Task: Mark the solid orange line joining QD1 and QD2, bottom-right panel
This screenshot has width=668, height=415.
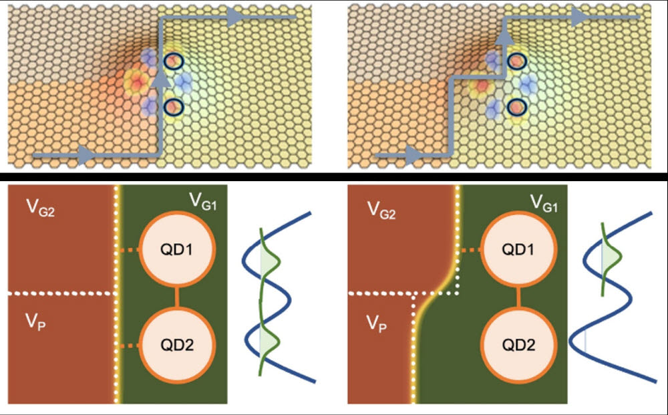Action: [x=514, y=298]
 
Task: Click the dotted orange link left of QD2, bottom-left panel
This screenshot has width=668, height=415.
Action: [x=131, y=345]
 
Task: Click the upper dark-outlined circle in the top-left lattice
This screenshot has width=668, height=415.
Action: [x=173, y=61]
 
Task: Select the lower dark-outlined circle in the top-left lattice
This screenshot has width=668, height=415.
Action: [x=173, y=106]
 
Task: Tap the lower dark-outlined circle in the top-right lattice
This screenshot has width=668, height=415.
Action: [x=515, y=106]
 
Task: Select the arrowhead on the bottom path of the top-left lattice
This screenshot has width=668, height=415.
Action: [x=86, y=156]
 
